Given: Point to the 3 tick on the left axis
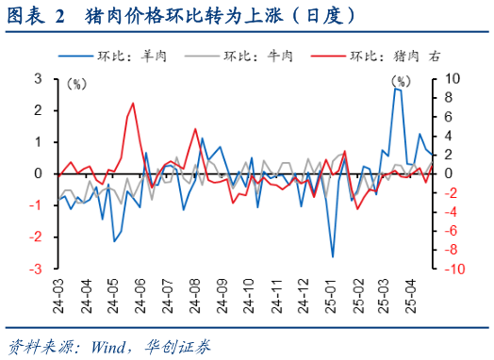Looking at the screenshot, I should click(x=38, y=79).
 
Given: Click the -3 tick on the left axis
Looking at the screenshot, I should click(x=36, y=270).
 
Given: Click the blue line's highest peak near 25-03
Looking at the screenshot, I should click(x=397, y=89).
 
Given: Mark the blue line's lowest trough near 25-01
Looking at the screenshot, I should click(x=333, y=256).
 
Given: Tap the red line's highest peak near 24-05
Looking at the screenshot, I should click(x=133, y=103).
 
